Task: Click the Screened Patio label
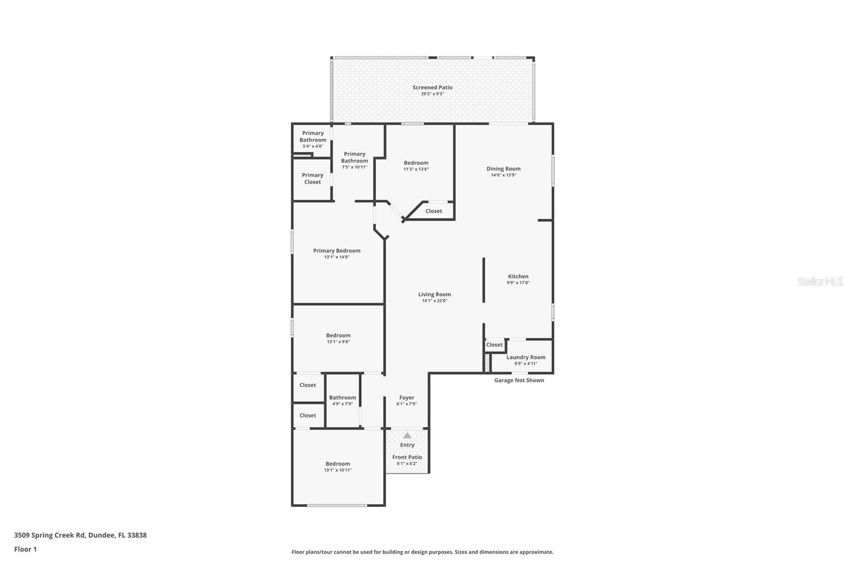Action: pos(432,87)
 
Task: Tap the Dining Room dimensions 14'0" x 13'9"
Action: pos(503,175)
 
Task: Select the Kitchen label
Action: pos(518,276)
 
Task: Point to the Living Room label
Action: pos(435,295)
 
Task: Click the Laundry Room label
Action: pos(525,357)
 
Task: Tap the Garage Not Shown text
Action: pos(519,380)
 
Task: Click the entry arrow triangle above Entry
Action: pos(407,436)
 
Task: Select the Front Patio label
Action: pos(407,457)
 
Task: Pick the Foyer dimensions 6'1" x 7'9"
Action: pos(407,404)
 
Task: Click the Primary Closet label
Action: pos(312,179)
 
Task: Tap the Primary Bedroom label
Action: pos(336,251)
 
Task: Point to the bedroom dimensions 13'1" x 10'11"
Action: pos(337,470)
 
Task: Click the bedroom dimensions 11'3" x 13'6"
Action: pos(416,170)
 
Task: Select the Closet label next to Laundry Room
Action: pos(494,345)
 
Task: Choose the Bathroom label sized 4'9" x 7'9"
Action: pos(342,398)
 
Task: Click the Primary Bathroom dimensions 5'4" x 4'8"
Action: pos(313,146)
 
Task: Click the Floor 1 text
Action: pos(25,549)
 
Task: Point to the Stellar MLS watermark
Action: pos(820,281)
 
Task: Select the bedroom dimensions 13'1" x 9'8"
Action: pos(338,342)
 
